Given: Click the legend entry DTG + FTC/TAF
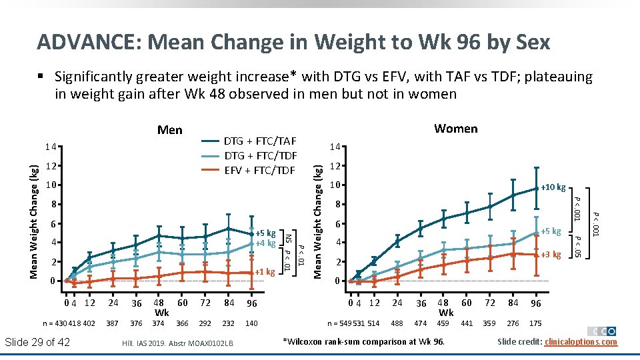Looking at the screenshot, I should pyautogui.click(x=259, y=141).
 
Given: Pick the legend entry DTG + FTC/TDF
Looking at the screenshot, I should pyautogui.click(x=259, y=155).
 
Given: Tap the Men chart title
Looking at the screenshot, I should pyautogui.click(x=169, y=129).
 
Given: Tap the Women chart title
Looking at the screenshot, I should pyautogui.click(x=455, y=128).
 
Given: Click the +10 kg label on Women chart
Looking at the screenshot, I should pyautogui.click(x=553, y=187).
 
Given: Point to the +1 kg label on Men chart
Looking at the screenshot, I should pyautogui.click(x=265, y=272).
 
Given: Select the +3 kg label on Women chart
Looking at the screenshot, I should pyautogui.click(x=551, y=254).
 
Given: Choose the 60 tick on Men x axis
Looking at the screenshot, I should pyautogui.click(x=183, y=303).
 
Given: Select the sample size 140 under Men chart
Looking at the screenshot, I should pyautogui.click(x=251, y=323).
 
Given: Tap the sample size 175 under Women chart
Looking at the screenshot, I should pyautogui.click(x=535, y=323).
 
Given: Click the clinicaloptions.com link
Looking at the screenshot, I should pyautogui.click(x=581, y=342).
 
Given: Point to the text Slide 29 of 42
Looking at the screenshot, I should pyautogui.click(x=37, y=342).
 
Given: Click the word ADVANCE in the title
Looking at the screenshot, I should pyautogui.click(x=86, y=42).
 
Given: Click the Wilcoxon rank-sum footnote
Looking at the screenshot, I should pyautogui.click(x=363, y=342).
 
